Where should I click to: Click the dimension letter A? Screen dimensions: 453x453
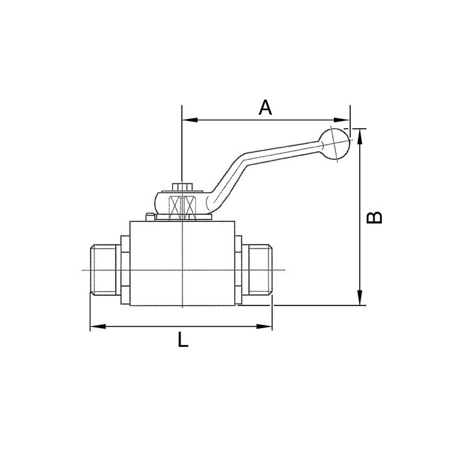[265, 107]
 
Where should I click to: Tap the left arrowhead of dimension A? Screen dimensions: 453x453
[188, 120]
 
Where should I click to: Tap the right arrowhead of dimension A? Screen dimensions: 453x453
[344, 120]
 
